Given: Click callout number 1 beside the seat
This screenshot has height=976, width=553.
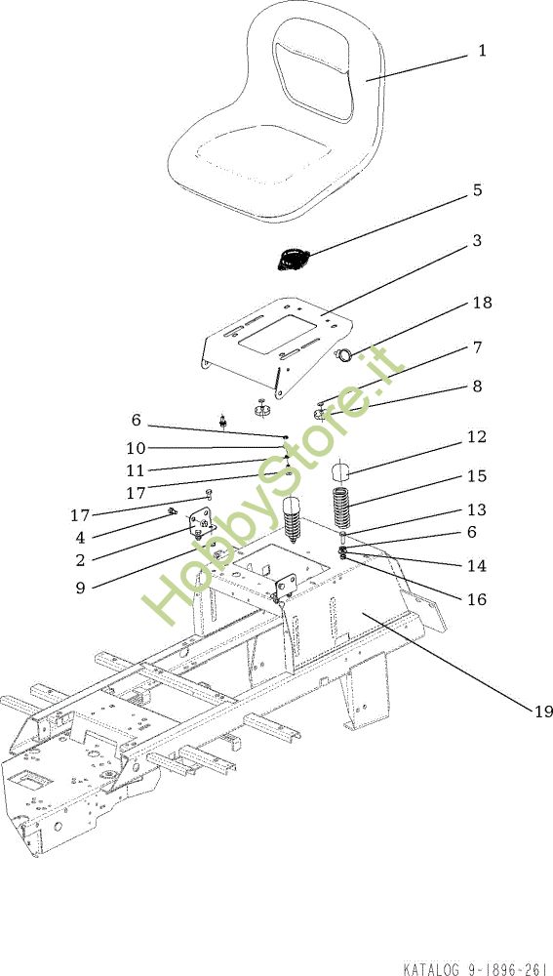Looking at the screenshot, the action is point(482,51).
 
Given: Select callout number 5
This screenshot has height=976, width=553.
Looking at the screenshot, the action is point(477,190).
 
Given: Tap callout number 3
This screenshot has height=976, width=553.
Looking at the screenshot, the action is point(477,240).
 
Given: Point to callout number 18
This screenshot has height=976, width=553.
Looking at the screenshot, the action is point(482,303).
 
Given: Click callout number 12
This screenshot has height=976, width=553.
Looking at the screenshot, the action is point(477,437).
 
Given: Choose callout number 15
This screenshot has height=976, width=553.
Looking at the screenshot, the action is point(477,476).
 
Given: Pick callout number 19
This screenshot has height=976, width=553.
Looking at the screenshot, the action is point(543,711).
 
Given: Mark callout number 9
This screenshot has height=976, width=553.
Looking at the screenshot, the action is point(80,588).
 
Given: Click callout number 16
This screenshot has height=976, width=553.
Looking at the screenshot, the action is point(477,599).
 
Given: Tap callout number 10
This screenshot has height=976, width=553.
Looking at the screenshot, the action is point(135,448).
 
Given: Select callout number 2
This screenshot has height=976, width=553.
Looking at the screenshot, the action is point(80,560).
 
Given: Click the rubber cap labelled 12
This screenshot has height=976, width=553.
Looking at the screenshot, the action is point(339,471).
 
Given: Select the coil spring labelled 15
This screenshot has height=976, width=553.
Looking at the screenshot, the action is point(342,507).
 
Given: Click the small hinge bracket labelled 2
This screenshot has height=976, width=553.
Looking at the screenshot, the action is point(200,522).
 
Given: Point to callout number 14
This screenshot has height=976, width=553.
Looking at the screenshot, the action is point(477,566).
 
